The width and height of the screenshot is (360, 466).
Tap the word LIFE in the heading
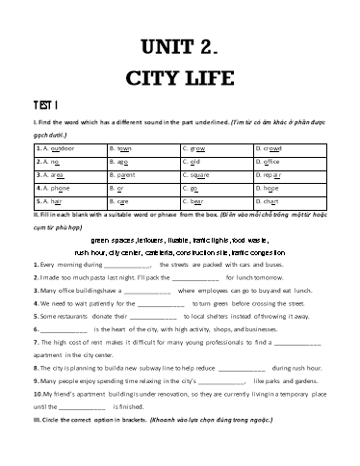213,78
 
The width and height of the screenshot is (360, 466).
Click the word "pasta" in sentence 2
91,277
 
